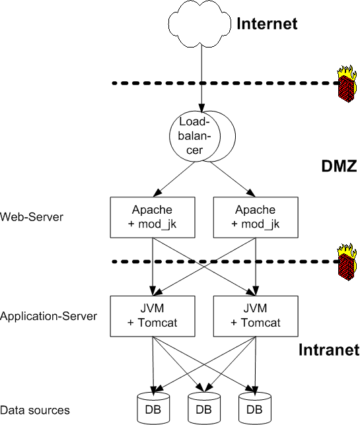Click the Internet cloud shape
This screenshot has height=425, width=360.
pos(199,24)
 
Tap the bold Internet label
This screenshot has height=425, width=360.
pos(267,24)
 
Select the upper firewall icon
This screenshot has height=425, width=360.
pos(347,84)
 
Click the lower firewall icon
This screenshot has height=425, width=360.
pos(347,262)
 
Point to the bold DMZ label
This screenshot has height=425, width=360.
pos(339,166)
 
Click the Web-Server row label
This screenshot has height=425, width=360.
pos(32,217)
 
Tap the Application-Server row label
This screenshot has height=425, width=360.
pos(49,316)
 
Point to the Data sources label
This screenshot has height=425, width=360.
pos(35,410)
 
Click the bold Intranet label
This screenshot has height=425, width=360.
pos(329,350)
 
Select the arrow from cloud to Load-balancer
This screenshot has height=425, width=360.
pos(201,78)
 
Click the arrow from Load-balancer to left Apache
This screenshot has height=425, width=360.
pos(174,179)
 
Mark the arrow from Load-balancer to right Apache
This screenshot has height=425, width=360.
pos(233,179)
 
